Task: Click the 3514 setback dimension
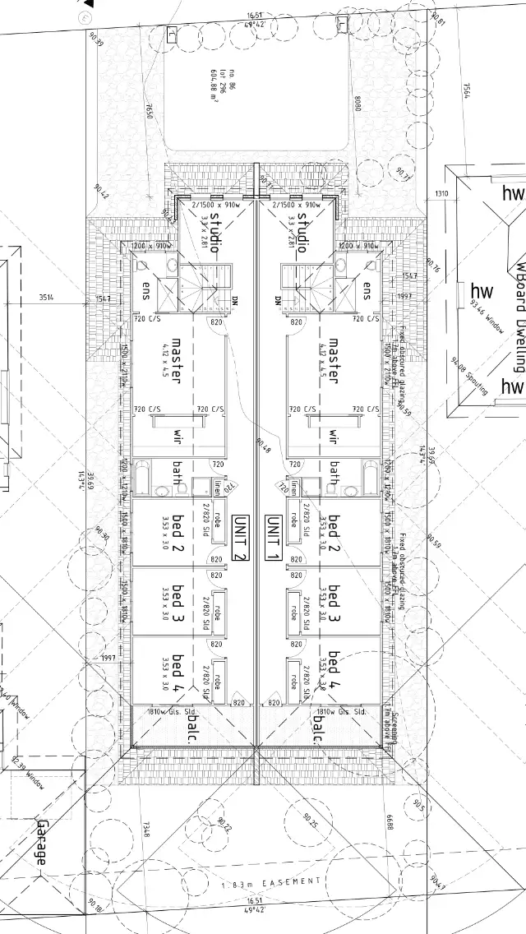point(45,297)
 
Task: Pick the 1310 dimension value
point(441,194)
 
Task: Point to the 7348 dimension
point(147,830)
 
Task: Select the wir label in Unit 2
point(176,436)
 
